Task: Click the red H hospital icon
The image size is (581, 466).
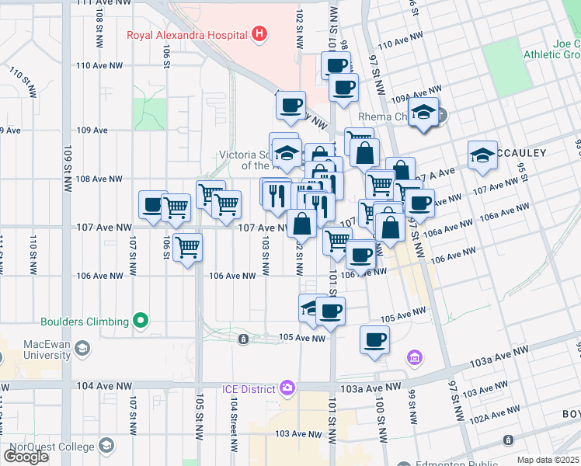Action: tap(259, 34)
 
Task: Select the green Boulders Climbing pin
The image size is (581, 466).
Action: tap(140, 321)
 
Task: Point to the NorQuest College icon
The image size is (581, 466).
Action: tap(106, 446)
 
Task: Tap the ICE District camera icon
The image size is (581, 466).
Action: tap(287, 388)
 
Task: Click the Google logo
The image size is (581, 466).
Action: tap(26, 457)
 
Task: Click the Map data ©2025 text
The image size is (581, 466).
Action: tap(548, 460)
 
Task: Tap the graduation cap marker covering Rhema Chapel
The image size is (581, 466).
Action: tap(423, 112)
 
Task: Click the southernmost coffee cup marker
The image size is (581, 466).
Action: tap(374, 339)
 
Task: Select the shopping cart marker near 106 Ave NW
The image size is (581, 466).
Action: tap(187, 248)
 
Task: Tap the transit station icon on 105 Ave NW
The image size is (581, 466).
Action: tap(243, 339)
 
